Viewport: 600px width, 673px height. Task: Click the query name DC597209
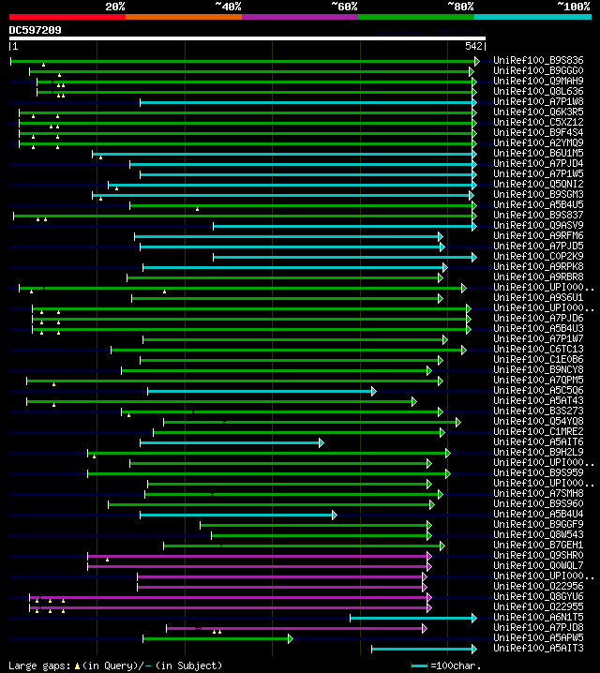point(36,30)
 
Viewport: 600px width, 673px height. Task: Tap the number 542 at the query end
point(473,46)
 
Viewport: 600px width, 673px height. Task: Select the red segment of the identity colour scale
point(67,17)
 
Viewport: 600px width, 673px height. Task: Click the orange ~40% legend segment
point(183,17)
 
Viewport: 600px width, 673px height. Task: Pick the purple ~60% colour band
point(299,17)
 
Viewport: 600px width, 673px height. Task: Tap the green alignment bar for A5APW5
point(217,638)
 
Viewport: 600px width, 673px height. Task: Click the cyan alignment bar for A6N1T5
point(412,618)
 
